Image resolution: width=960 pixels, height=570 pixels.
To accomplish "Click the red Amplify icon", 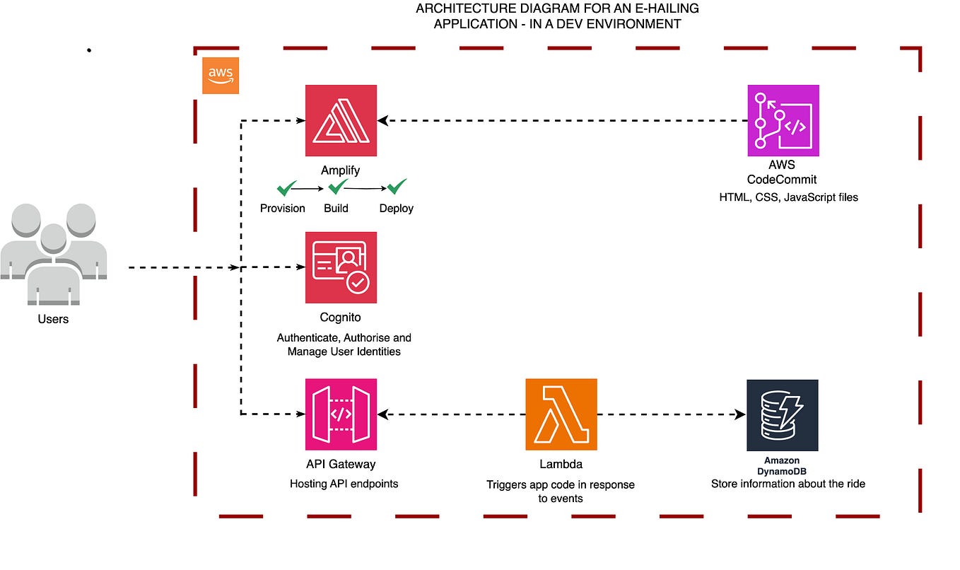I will tap(341, 120).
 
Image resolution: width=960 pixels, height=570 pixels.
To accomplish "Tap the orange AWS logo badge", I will tap(221, 76).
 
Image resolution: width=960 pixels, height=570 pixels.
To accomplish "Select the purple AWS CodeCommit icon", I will tap(783, 120).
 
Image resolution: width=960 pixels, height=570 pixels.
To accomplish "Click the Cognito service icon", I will tap(341, 267).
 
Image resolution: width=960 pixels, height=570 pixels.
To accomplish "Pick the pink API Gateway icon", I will tap(341, 414).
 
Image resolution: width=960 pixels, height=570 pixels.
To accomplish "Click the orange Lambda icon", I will tap(561, 414).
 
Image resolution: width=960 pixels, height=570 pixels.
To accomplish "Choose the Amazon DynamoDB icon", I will tap(782, 415).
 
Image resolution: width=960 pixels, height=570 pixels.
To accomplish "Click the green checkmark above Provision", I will tap(286, 187).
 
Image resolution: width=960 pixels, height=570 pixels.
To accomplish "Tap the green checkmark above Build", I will tap(337, 187).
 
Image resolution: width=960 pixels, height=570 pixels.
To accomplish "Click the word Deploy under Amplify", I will tap(396, 209).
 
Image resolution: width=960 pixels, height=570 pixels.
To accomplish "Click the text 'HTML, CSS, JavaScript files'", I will tap(788, 197).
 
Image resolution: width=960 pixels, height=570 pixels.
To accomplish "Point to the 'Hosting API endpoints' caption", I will tap(344, 484).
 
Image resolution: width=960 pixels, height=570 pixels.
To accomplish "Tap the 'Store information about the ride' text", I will tap(788, 484).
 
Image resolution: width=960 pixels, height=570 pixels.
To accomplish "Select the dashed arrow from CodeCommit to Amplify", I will tap(562, 121).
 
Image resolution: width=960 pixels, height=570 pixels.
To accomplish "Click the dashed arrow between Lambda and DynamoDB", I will tap(672, 414).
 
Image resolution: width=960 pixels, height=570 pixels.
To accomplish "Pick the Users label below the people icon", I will tap(53, 319).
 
